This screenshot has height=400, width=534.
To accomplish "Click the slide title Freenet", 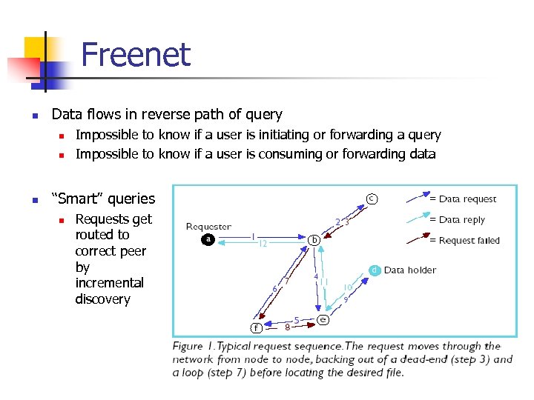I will (135, 55).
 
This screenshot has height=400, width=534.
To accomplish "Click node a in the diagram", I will (208, 239).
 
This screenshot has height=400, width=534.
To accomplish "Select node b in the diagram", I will (314, 239).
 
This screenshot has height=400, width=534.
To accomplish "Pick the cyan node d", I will (375, 270).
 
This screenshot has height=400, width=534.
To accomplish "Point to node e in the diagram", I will (323, 319).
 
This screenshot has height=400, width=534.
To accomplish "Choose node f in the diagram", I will (256, 327).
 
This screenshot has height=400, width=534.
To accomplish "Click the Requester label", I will (208, 227).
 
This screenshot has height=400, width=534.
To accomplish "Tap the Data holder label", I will (410, 270).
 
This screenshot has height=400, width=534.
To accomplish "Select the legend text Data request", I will (467, 199).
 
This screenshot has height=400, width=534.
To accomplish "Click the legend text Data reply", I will (463, 219).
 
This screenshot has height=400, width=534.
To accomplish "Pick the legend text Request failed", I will (469, 240).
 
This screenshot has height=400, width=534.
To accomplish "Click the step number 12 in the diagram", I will (263, 244).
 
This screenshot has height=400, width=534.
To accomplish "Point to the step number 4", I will (316, 277).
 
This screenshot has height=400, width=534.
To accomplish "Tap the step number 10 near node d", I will (347, 287).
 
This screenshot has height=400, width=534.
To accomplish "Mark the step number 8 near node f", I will (288, 327).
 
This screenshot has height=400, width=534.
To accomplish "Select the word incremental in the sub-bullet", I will (109, 283).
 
